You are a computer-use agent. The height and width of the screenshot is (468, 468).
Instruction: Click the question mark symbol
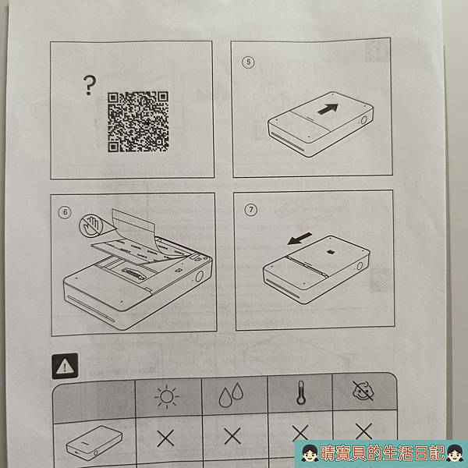tap(90, 85)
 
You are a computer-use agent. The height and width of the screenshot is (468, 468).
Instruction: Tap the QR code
tap(138, 122)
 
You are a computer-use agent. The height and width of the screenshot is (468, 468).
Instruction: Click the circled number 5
tap(248, 62)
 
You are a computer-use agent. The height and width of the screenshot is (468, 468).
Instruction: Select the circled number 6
tap(65, 212)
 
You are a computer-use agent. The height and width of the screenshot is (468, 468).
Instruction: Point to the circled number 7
tap(250, 210)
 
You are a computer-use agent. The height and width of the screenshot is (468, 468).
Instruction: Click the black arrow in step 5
tap(328, 109)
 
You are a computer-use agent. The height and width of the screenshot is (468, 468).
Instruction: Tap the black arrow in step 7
tap(300, 239)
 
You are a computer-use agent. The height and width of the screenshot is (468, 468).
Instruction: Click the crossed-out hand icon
tap(91, 226)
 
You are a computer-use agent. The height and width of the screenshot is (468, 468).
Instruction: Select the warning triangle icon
tap(65, 366)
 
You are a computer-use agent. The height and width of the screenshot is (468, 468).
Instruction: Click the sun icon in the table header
tap(167, 397)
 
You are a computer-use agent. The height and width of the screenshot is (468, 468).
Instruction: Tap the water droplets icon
tap(232, 395)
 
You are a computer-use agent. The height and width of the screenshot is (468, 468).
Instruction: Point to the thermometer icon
tap(300, 392)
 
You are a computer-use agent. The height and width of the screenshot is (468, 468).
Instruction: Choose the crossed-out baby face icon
tap(363, 391)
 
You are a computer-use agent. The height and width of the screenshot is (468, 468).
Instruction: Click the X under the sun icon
tap(165, 438)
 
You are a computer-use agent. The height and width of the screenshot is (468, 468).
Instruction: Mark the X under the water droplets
tap(232, 436)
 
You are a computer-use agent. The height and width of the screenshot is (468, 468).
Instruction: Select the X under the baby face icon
tap(363, 431)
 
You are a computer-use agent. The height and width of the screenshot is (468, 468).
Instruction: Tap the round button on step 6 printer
tap(199, 276)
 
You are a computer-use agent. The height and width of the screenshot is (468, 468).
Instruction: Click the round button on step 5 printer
tap(363, 120)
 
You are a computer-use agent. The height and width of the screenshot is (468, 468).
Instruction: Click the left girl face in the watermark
tap(309, 453)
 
